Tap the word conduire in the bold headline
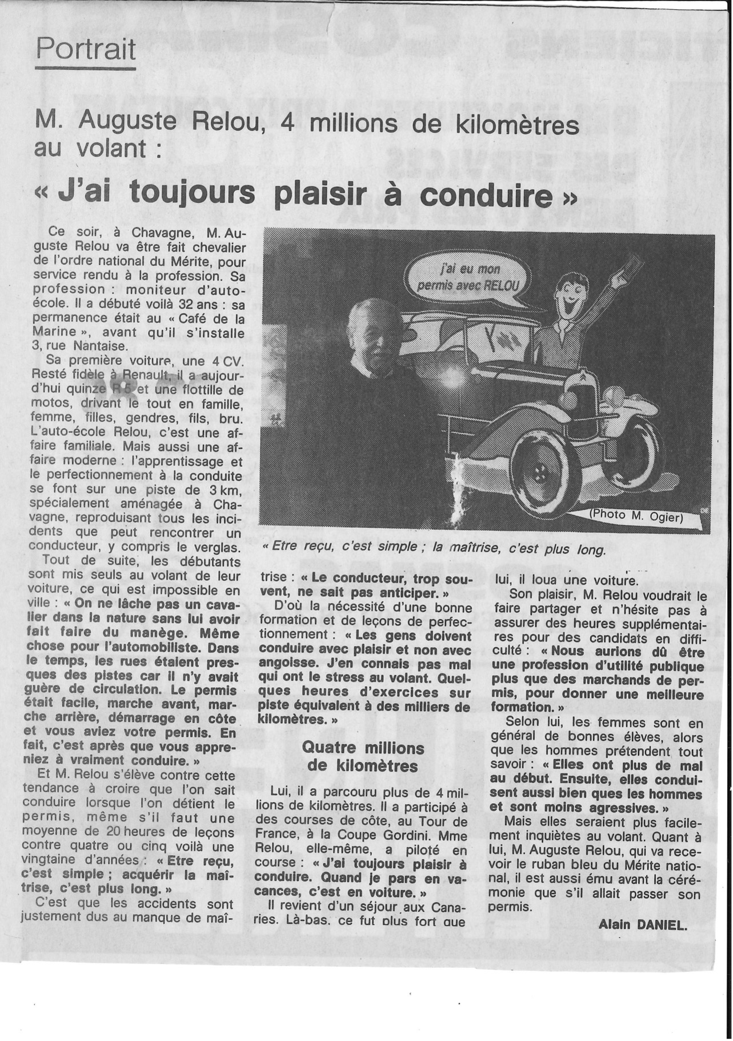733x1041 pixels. [x=486, y=194]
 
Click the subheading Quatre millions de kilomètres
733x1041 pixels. [x=363, y=756]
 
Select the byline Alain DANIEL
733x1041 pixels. [x=642, y=926]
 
